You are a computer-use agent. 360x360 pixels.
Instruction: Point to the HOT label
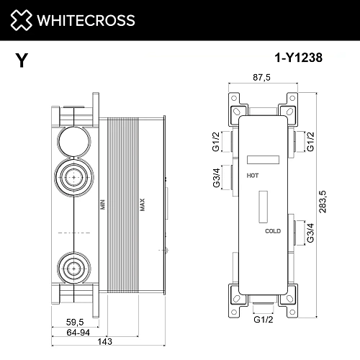point(253,175)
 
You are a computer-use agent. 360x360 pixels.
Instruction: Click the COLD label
point(271,231)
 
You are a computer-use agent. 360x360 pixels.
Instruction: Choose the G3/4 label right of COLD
point(311,232)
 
